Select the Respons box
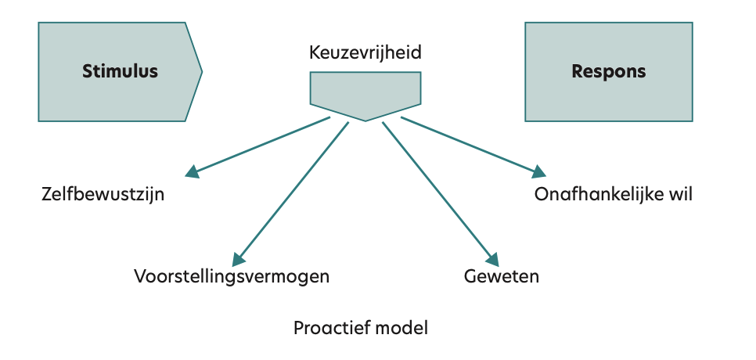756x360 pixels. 608,71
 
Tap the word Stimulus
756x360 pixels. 120,71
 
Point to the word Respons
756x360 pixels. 609,71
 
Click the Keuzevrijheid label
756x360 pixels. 365,53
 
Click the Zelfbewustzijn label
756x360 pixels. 103,195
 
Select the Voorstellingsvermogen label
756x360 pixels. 232,276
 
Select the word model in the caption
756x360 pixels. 401,327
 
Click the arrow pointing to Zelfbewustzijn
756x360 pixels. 258,146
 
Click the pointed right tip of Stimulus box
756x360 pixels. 201,72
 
